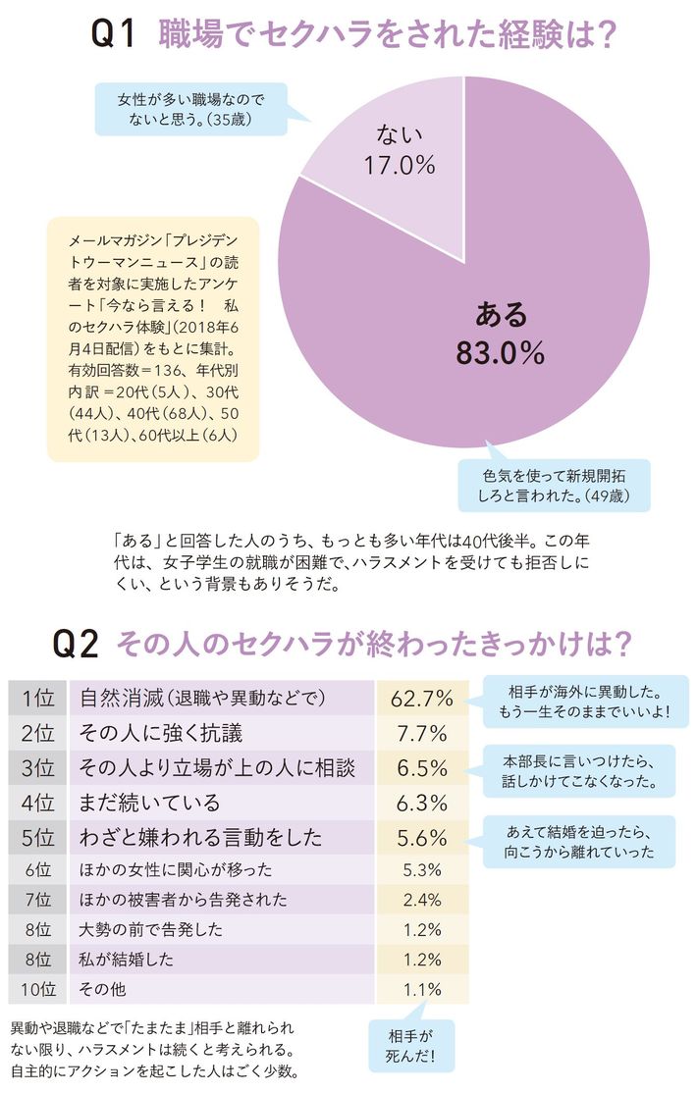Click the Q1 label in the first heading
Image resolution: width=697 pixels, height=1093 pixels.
point(113,36)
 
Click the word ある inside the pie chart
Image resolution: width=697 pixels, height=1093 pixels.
point(501,314)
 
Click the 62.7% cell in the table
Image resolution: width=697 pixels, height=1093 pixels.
point(421,699)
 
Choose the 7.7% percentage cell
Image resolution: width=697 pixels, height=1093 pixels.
point(421,733)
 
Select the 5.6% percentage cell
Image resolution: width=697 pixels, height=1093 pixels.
point(421,838)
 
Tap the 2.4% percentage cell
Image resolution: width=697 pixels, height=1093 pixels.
point(421,900)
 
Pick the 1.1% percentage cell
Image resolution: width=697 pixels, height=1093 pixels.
point(421,989)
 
